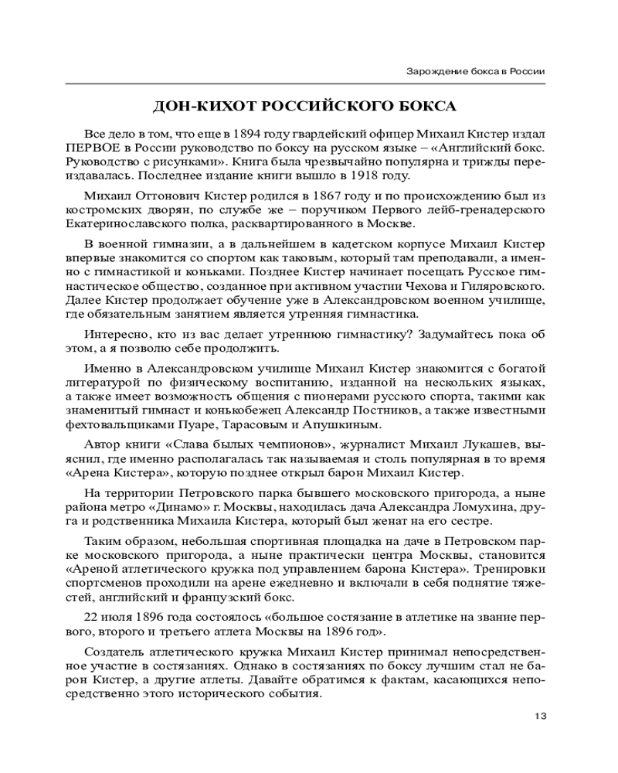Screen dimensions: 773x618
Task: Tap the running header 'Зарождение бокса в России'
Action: point(476,71)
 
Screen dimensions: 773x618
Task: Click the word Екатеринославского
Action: point(126,224)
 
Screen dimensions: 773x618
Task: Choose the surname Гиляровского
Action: point(501,286)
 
